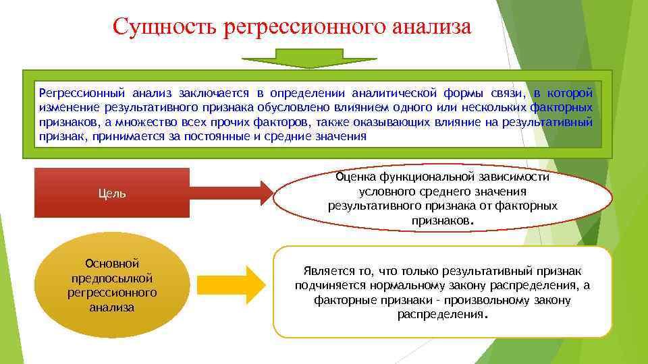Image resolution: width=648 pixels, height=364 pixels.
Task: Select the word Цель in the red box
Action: [x=111, y=193]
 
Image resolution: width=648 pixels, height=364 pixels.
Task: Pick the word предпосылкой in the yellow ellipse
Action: [x=112, y=278]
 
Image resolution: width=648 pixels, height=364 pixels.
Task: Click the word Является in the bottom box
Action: [x=327, y=271]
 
